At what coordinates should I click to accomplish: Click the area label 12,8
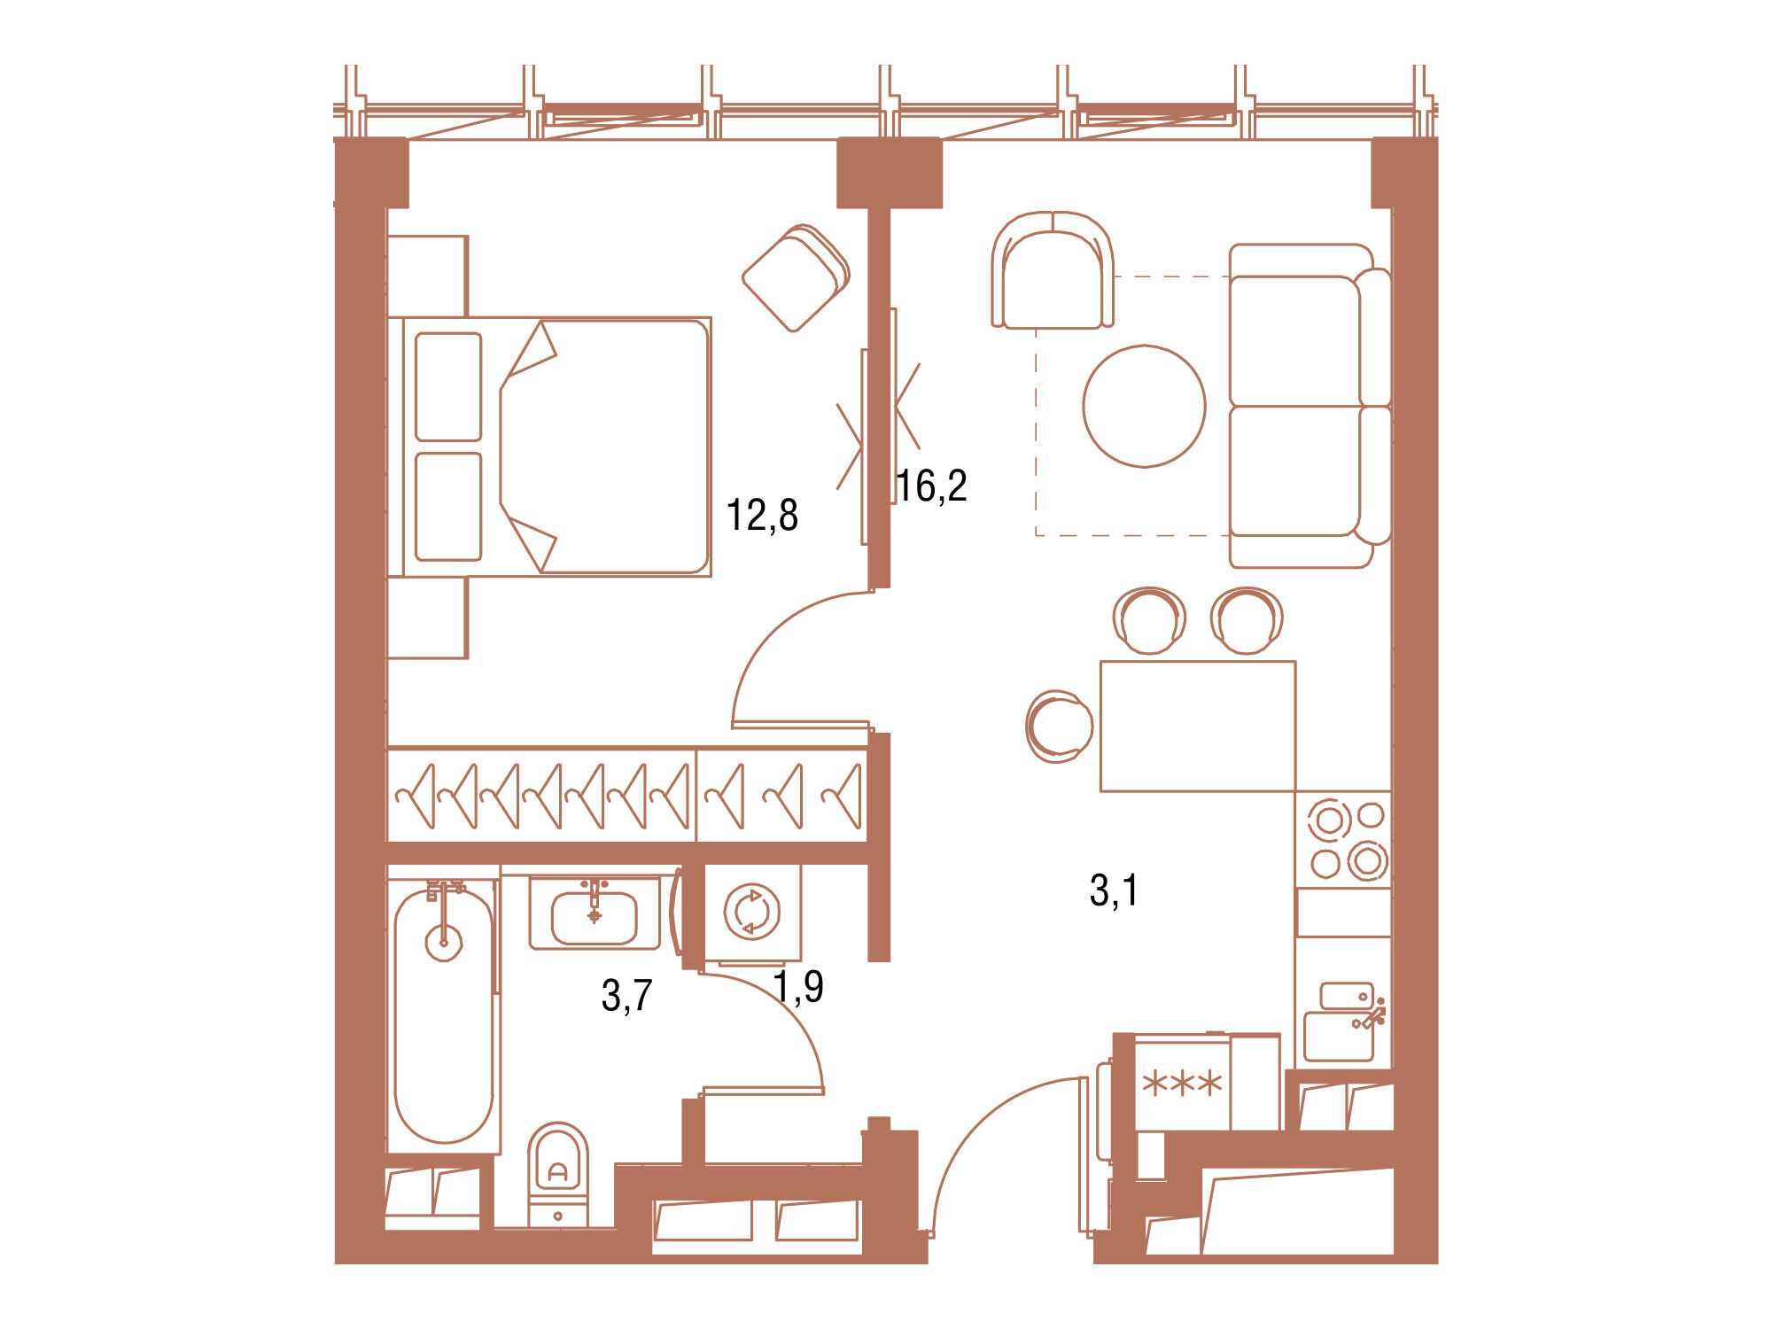click(x=762, y=515)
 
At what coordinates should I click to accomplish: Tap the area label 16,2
click(x=931, y=486)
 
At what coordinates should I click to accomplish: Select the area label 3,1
click(x=1114, y=890)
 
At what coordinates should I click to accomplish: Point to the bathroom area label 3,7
click(x=626, y=996)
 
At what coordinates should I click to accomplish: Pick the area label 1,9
click(x=798, y=986)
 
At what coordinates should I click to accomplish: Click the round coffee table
click(x=1144, y=406)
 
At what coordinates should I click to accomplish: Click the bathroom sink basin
click(x=594, y=917)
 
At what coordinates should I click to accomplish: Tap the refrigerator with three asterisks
click(x=1183, y=1082)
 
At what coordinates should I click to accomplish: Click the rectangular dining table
click(x=1197, y=726)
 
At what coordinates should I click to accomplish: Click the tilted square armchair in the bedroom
click(x=796, y=278)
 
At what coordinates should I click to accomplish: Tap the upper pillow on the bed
click(x=448, y=386)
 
